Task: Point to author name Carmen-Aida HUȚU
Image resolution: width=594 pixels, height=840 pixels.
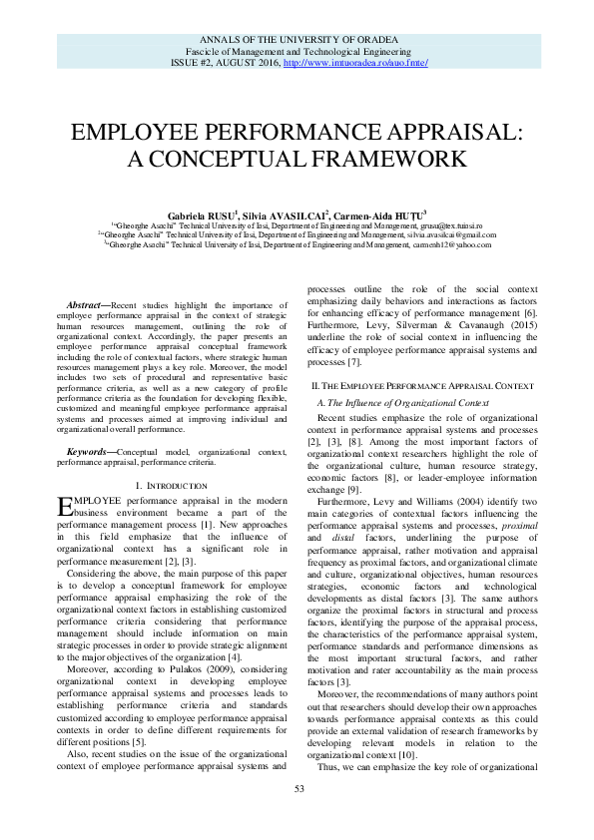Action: [x=380, y=214]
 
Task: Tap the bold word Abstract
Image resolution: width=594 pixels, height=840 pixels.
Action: [x=84, y=304]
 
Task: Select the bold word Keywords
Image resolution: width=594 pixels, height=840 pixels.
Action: [x=87, y=452]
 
